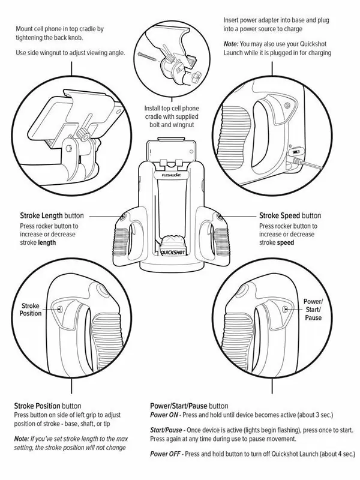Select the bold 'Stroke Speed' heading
280,215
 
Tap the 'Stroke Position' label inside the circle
31,309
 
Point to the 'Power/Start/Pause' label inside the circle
313,309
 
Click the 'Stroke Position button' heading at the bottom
47,406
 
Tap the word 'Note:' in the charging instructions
232,44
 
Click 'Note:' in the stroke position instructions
22,440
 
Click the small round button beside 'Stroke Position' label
60,309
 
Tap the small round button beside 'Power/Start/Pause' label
286,309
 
